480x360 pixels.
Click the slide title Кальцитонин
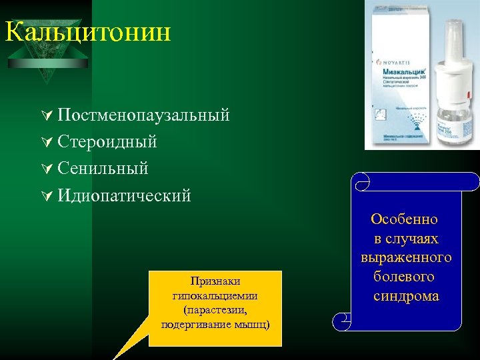click(x=87, y=31)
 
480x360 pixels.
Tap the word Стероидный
click(x=107, y=142)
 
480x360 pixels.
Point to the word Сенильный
click(x=103, y=169)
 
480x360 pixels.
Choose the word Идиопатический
click(x=124, y=196)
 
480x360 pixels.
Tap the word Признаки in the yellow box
click(x=215, y=281)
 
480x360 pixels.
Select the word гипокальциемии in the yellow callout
click(x=215, y=295)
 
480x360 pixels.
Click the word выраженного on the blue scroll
click(x=406, y=257)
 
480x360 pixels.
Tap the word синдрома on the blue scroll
click(x=406, y=296)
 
